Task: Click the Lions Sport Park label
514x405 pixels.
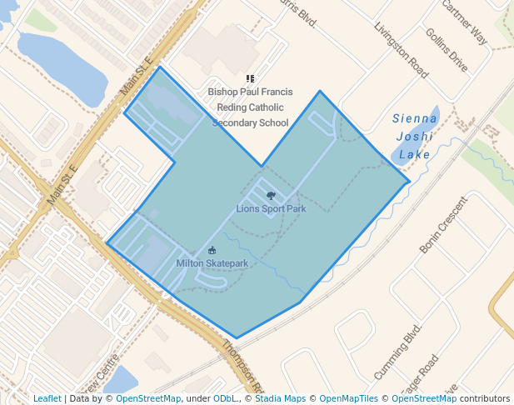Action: click(x=271, y=208)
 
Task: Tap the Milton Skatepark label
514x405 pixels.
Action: click(x=212, y=263)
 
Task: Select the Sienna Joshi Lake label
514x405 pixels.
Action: click(x=414, y=136)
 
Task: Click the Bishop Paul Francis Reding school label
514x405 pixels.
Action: click(x=250, y=107)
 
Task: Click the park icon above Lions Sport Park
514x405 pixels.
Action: click(x=271, y=195)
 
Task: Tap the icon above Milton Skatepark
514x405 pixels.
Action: click(x=212, y=250)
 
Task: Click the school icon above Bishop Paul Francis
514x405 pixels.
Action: click(x=250, y=79)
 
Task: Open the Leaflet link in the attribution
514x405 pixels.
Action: click(x=47, y=398)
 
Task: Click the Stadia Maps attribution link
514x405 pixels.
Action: click(x=279, y=398)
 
